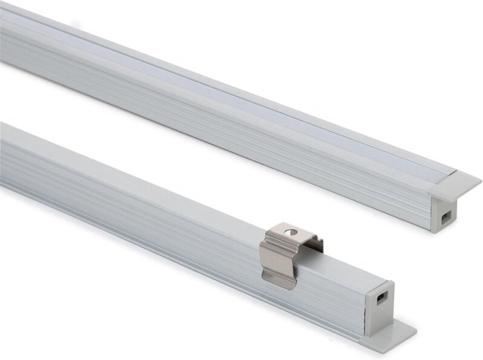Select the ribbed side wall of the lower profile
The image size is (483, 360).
coord(151,200)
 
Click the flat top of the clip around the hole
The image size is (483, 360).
coord(284,234)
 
